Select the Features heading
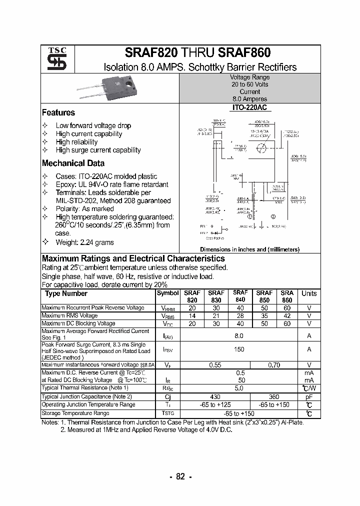point(58,113)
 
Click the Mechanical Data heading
point(73,163)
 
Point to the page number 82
point(180,476)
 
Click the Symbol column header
point(167,293)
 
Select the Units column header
point(309,293)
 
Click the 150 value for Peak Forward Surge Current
point(239,350)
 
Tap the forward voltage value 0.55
point(214,365)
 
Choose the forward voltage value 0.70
point(274,365)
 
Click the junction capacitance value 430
point(214,396)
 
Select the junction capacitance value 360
point(274,396)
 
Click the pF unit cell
point(309,396)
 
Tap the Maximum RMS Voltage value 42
point(286,316)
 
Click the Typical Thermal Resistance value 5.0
point(239,388)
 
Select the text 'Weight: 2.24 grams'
point(84,242)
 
